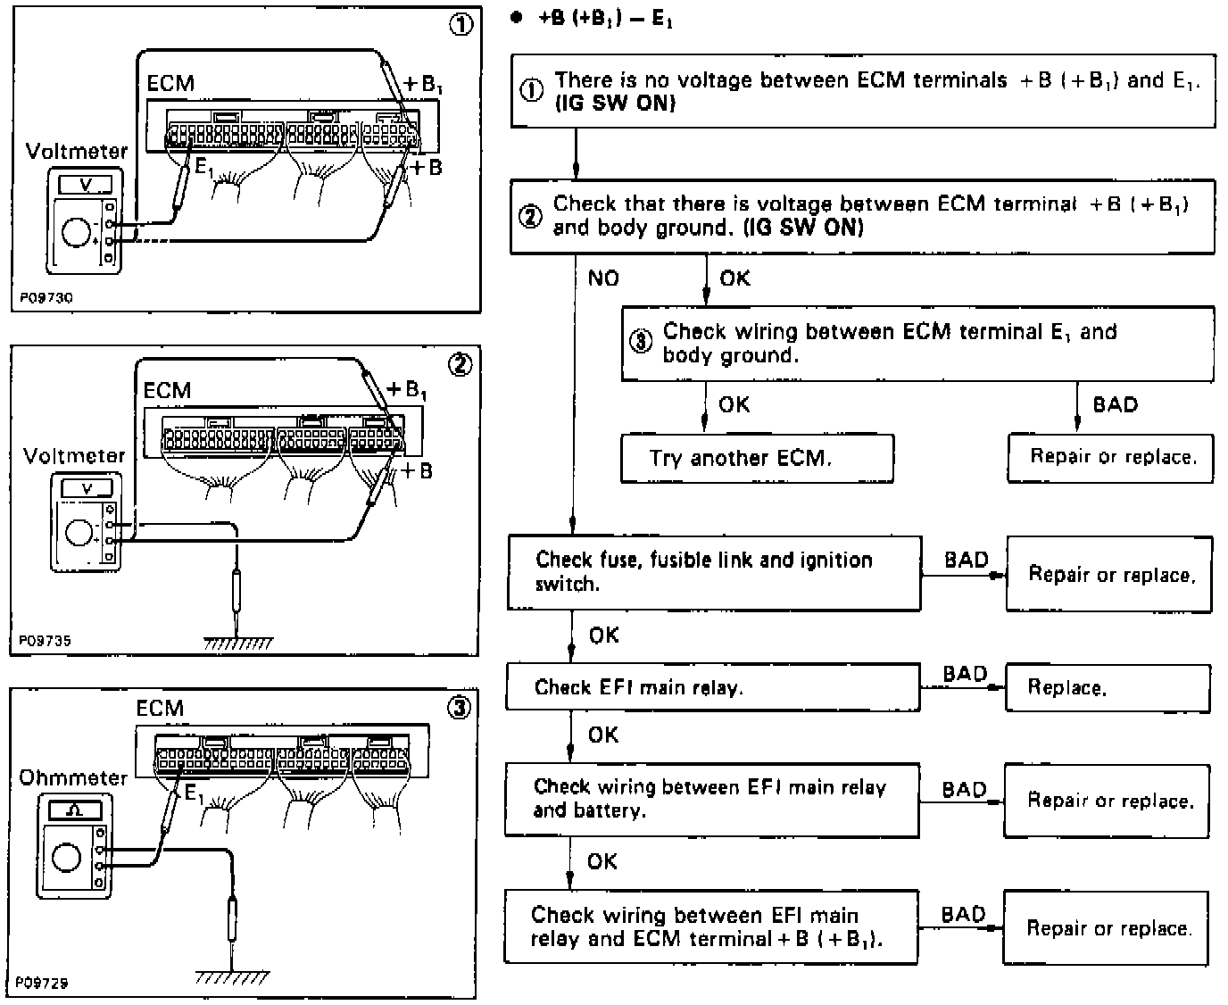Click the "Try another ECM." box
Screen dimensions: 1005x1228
757,459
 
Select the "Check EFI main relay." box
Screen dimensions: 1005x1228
713,687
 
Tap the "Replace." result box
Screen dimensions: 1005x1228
1108,687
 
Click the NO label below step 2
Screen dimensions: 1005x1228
603,278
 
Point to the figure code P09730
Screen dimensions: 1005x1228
45,298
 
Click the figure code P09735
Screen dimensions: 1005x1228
45,641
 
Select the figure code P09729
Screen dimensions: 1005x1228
43,983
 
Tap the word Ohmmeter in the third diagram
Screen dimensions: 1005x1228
73,777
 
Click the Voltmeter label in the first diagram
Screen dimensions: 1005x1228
76,151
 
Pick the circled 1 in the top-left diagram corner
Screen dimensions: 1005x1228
460,25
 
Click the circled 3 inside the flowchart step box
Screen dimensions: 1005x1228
642,344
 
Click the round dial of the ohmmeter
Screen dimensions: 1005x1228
67,858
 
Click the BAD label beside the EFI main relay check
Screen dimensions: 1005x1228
965,674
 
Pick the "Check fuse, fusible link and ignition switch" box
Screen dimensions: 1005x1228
713,573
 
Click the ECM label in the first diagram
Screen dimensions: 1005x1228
170,83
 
